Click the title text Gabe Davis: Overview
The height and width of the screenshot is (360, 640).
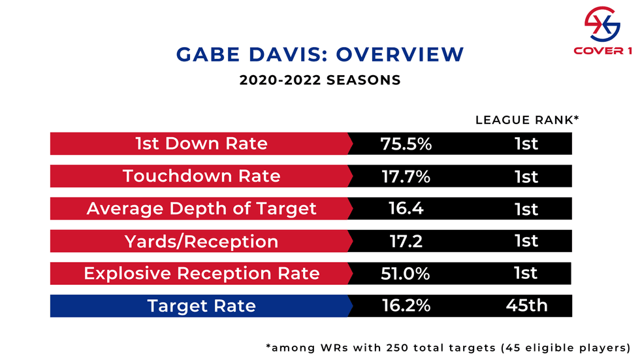pos(320,54)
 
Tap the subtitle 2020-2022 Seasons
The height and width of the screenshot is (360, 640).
pos(320,81)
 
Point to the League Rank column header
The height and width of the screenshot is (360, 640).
pos(527,120)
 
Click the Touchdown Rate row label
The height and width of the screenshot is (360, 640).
pos(201,176)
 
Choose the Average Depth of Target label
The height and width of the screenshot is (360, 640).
pos(201,208)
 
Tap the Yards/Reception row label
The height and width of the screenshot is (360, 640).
pos(201,241)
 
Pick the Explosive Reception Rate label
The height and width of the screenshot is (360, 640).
pos(201,273)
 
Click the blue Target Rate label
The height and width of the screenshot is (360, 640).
pos(201,306)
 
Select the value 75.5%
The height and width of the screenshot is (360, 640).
pos(406,144)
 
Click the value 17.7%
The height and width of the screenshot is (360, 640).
pos(406,176)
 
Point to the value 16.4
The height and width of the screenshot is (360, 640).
pos(406,208)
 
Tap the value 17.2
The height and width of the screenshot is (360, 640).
pos(406,241)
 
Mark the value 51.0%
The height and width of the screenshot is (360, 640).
pos(406,273)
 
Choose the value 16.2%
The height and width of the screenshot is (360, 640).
pos(406,306)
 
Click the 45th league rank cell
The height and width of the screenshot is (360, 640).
pos(526,306)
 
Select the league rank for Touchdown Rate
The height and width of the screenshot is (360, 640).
pos(526,176)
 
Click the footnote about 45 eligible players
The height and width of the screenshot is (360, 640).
pos(449,347)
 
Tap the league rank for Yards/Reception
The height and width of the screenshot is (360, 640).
pos(526,241)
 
